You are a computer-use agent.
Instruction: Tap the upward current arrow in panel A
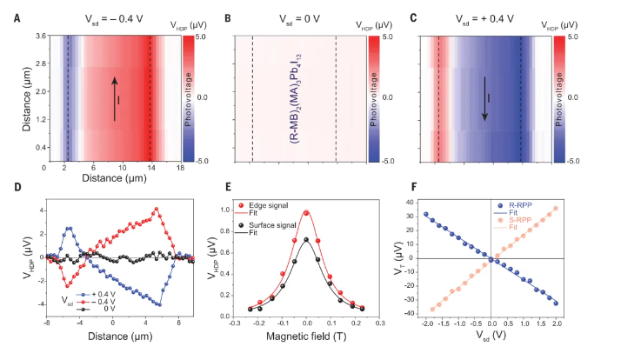(113, 94)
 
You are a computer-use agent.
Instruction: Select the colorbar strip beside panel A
(188, 98)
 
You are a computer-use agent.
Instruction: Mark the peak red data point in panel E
(306, 212)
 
